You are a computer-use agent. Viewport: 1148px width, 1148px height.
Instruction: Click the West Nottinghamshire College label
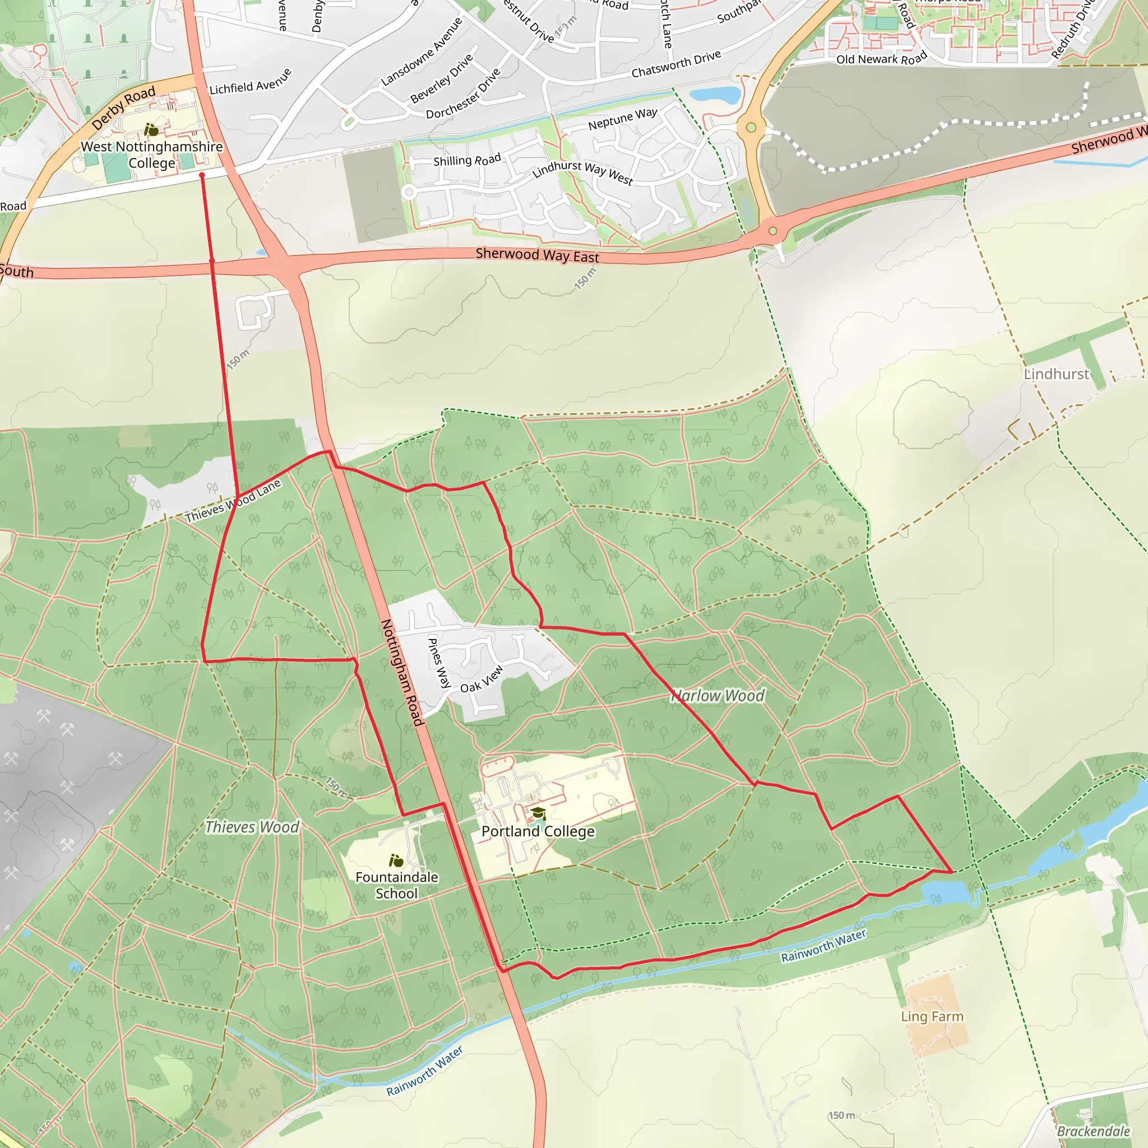point(151,155)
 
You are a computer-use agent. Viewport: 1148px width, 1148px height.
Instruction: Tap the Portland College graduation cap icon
point(538,813)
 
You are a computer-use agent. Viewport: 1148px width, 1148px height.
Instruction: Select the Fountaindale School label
point(396,885)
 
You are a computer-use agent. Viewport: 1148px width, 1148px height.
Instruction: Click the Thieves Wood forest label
point(252,827)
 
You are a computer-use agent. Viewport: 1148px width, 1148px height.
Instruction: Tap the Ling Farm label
point(932,1016)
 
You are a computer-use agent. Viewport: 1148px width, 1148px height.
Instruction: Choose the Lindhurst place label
point(1056,374)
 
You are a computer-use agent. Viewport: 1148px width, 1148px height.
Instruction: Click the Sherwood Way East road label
point(537,256)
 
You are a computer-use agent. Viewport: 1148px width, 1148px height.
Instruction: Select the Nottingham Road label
point(402,672)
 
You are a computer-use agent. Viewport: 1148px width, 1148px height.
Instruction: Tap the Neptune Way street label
point(623,119)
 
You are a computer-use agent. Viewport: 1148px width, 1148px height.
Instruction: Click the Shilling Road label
point(467,160)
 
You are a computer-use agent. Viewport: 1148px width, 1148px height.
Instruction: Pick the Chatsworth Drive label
point(675,64)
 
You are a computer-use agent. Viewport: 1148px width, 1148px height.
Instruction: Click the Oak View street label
point(482,679)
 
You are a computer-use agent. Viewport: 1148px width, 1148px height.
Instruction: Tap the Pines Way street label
point(439,663)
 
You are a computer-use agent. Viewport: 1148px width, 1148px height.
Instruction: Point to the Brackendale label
point(1093,1131)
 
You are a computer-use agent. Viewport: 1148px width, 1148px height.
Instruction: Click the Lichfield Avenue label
point(250,82)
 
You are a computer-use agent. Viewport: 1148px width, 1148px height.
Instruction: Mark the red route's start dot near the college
point(202,175)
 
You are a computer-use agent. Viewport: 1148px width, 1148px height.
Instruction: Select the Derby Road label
point(123,108)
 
